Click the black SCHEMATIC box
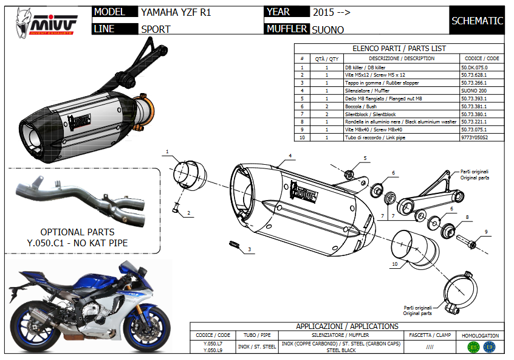[x=477, y=21]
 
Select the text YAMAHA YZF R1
[x=176, y=12]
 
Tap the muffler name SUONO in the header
[x=327, y=29]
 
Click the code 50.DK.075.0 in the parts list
[x=476, y=67]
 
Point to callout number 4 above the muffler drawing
[x=290, y=156]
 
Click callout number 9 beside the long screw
[x=486, y=231]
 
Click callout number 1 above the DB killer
[x=167, y=150]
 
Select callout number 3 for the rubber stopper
[x=249, y=249]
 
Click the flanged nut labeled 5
[x=349, y=174]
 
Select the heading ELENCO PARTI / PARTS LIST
[x=399, y=48]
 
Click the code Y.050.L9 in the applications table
[x=213, y=350]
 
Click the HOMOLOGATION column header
[x=480, y=335]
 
